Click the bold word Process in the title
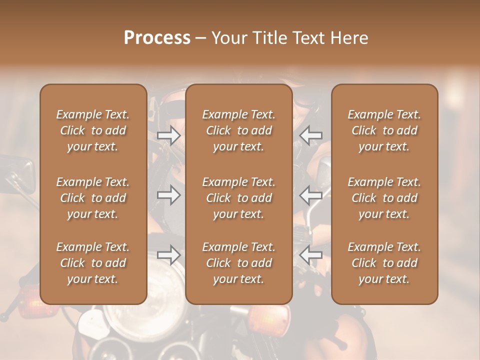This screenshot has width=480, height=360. click(157, 38)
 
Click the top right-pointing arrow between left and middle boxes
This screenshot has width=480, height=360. click(168, 135)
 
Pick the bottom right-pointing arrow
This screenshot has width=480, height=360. click(168, 255)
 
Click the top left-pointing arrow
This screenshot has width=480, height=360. click(311, 135)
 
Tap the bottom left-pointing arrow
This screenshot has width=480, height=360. click(311, 255)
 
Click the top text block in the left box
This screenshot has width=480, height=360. click(93, 130)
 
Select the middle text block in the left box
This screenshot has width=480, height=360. click(93, 198)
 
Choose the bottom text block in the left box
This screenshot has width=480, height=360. click(93, 263)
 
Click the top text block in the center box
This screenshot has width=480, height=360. click(238, 130)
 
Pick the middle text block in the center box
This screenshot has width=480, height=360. click(238, 198)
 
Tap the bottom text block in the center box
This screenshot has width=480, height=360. click(238, 263)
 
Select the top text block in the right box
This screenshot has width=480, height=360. click(384, 130)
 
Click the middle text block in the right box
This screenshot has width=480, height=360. click(384, 198)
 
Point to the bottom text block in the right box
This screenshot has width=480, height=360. click(384, 263)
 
